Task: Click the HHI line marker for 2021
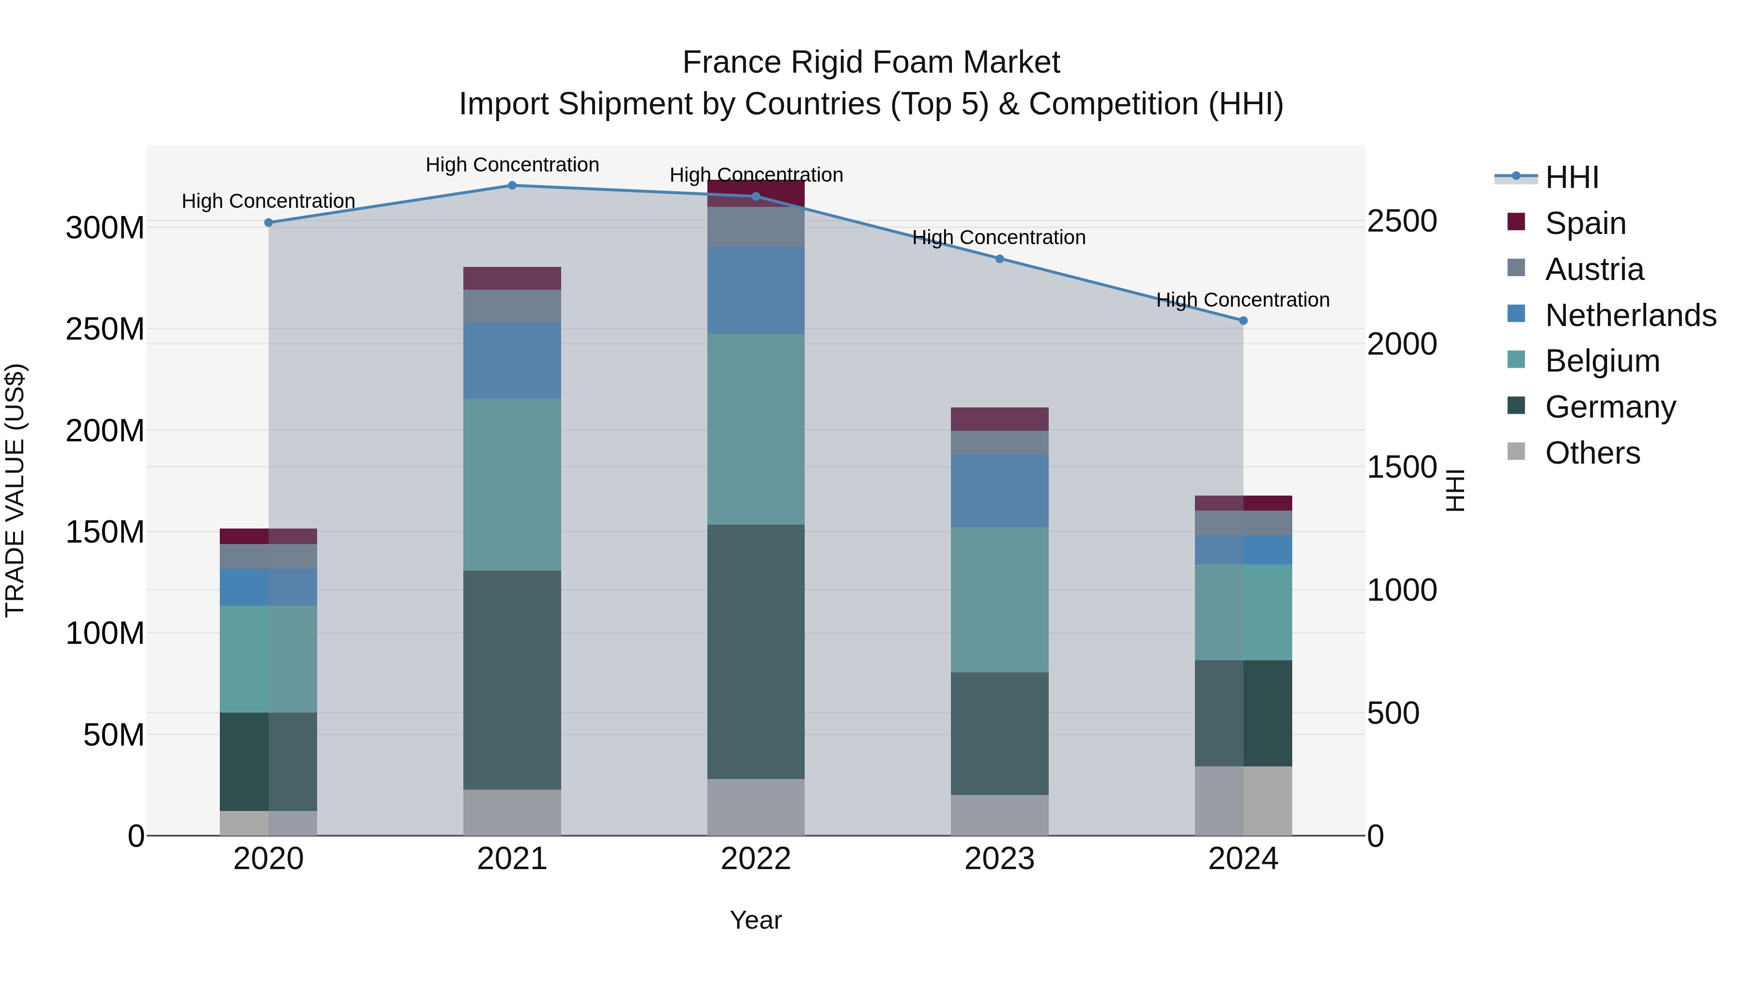pos(512,186)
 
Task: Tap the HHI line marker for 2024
pos(1243,321)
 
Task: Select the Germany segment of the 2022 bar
pos(756,651)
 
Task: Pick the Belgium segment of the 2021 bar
pos(512,484)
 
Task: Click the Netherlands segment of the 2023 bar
pos(999,490)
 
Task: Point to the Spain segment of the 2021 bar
pos(512,278)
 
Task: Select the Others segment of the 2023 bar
pos(999,815)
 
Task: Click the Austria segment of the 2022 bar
pos(756,227)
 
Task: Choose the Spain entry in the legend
pos(1585,223)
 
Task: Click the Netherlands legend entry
pos(1631,315)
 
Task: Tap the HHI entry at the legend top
pos(1572,177)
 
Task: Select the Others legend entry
pos(1593,453)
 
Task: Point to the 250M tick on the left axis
pos(105,329)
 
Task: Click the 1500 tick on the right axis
pos(1401,467)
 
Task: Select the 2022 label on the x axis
pos(756,859)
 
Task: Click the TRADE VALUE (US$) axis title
pos(15,490)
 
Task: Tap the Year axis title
pos(756,920)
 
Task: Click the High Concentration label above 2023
pos(999,238)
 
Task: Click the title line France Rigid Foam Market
pos(871,62)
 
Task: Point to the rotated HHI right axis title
pos(1455,490)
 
